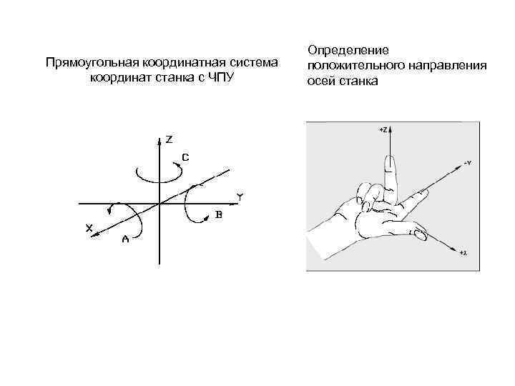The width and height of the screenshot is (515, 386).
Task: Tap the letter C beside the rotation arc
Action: click(x=185, y=157)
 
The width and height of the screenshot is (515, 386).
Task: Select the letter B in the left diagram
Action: click(x=218, y=214)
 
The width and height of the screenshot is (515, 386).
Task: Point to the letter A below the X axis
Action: click(x=125, y=239)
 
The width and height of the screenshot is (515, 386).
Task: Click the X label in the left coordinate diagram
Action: click(x=89, y=228)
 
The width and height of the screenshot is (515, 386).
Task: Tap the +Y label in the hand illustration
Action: click(x=466, y=164)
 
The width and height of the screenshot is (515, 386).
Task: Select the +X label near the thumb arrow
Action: click(x=463, y=253)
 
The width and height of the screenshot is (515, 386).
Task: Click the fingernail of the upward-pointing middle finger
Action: click(x=389, y=165)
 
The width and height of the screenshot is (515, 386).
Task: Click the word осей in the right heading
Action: click(x=320, y=81)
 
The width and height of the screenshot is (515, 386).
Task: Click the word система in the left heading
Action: click(x=254, y=62)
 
